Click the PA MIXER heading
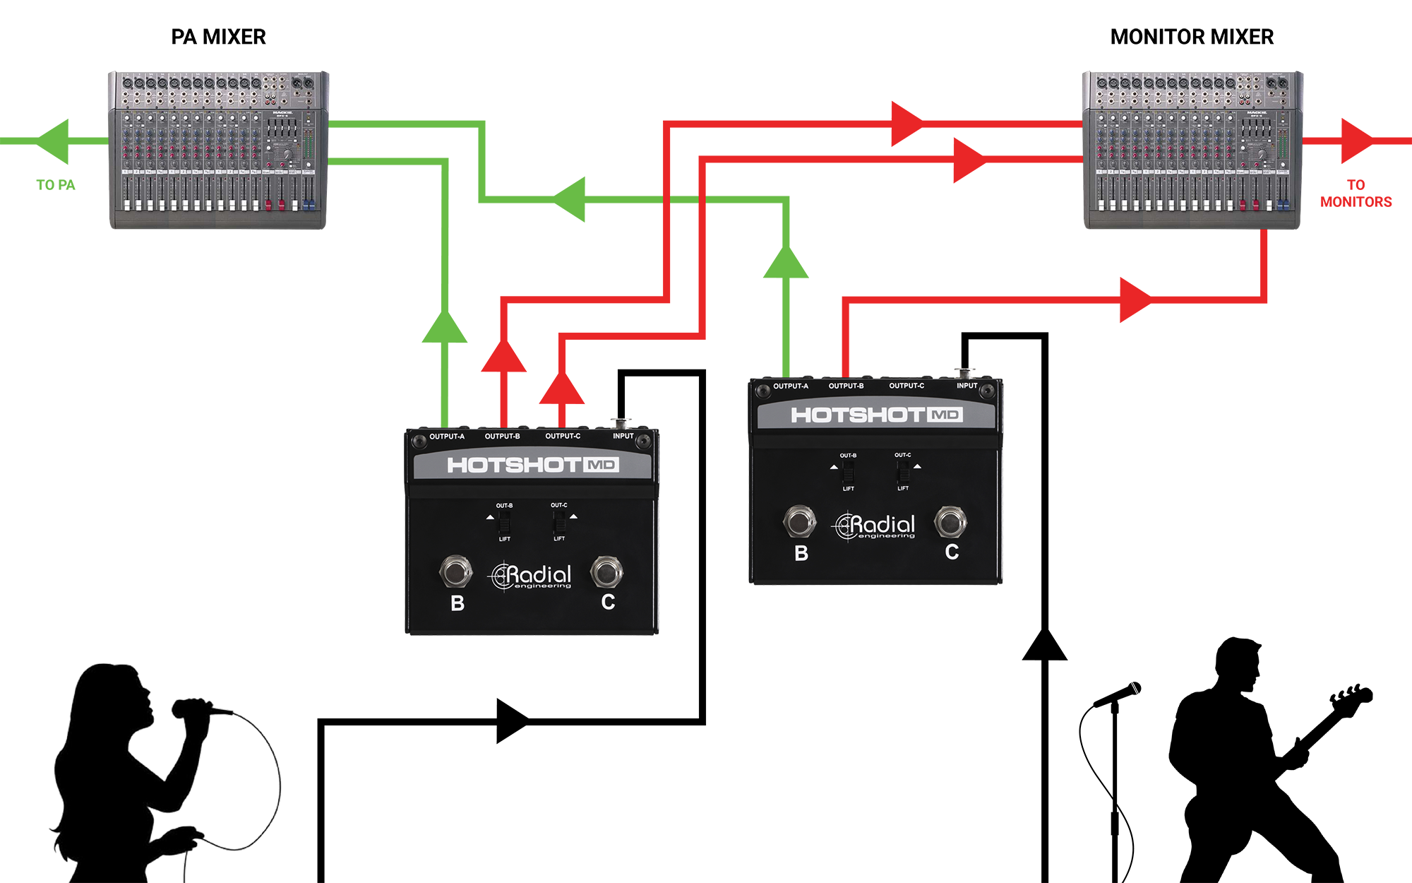pyautogui.click(x=218, y=37)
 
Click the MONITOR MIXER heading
pyautogui.click(x=1192, y=37)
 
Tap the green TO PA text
pyautogui.click(x=56, y=185)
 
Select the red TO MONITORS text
pyautogui.click(x=1356, y=194)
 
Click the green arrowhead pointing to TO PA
pyautogui.click(x=53, y=141)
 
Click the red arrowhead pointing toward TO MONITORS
pyautogui.click(x=1356, y=141)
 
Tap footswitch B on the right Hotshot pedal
pyautogui.click(x=799, y=523)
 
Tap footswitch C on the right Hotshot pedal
pyautogui.click(x=950, y=523)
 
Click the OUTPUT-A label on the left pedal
pyautogui.click(x=447, y=437)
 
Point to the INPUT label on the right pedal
pyautogui.click(x=967, y=386)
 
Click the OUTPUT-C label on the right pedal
pyautogui.click(x=907, y=386)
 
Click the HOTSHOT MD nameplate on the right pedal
pyautogui.click(x=875, y=415)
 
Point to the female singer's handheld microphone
pyautogui.click(x=198, y=708)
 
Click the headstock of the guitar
pyautogui.click(x=1352, y=696)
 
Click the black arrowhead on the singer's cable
pyautogui.click(x=513, y=721)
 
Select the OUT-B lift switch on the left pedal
pyautogui.click(x=504, y=523)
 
